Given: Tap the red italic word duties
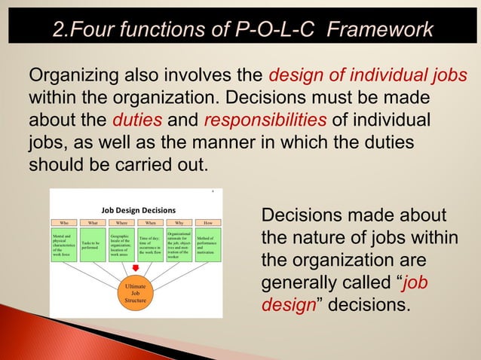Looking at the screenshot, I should pyautogui.click(x=136, y=121).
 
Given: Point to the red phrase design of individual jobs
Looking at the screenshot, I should pyautogui.click(x=368, y=77).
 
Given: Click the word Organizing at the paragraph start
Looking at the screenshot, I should pyautogui.click(x=70, y=77).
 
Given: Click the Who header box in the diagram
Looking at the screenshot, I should pyautogui.click(x=65, y=223).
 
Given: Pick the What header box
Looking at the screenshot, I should pyautogui.click(x=93, y=223).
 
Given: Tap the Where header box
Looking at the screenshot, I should pyautogui.click(x=122, y=223).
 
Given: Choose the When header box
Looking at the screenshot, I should pyautogui.click(x=151, y=223).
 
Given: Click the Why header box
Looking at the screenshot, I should pyautogui.click(x=179, y=223).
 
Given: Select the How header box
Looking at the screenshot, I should pyautogui.click(x=208, y=223).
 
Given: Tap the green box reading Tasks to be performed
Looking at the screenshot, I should pyautogui.click(x=93, y=246).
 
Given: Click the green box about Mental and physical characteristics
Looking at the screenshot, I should pyautogui.click(x=65, y=246).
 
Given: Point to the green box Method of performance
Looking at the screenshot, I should pyautogui.click(x=208, y=246).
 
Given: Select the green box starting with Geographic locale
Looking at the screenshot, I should pyautogui.click(x=122, y=246).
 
